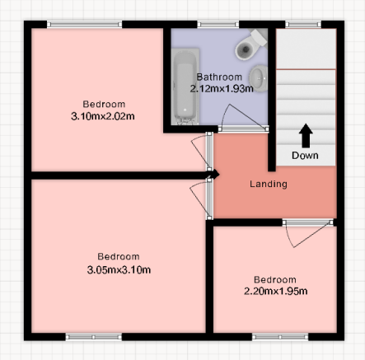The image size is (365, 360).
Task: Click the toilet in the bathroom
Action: tap(250, 44)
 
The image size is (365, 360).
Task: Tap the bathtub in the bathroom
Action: tap(185, 86)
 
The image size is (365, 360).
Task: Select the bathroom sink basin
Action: tap(259, 78)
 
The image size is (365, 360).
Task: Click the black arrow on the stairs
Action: tap(306, 136)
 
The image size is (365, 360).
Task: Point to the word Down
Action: tap(305, 156)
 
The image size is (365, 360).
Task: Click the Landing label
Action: tap(269, 184)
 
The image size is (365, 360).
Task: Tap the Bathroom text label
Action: tap(219, 77)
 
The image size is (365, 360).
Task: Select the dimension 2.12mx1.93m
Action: tap(222, 89)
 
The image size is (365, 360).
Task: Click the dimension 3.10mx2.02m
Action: tap(103, 116)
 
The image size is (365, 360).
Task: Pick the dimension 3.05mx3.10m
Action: tap(119, 270)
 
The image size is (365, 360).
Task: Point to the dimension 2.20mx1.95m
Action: tap(275, 291)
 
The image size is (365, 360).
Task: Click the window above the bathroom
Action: tap(218, 25)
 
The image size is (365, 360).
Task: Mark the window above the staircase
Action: tap(303, 25)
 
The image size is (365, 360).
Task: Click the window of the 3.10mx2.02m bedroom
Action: tap(85, 25)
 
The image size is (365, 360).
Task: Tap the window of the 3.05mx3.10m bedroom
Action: tap(94, 337)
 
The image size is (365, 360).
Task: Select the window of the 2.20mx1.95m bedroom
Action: tap(280, 337)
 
